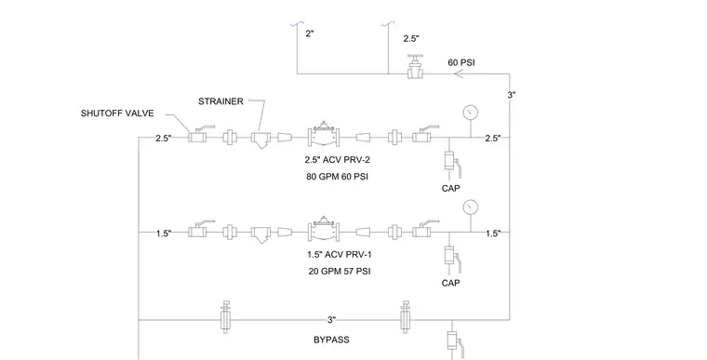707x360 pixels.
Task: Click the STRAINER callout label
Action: [220, 101]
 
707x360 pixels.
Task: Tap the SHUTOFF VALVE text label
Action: [117, 113]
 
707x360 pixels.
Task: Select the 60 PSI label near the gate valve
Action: [460, 62]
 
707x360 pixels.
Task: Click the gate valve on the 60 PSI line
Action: [414, 68]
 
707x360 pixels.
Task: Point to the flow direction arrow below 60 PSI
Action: [459, 73]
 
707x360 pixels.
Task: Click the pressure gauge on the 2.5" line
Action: [471, 113]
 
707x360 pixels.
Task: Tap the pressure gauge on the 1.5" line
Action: [471, 207]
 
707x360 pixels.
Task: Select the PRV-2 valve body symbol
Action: [324, 134]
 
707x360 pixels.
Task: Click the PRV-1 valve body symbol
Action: [324, 229]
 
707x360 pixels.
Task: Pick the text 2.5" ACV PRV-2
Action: [338, 160]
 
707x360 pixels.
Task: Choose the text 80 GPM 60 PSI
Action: [338, 177]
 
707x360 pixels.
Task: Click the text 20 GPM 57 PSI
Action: [340, 272]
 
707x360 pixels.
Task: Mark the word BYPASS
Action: [331, 340]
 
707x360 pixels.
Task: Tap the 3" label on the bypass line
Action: [332, 320]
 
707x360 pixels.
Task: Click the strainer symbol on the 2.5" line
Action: [261, 140]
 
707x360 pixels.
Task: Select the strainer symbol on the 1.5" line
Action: [261, 234]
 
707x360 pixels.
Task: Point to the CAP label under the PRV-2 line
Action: [451, 188]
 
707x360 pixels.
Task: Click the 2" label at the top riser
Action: [310, 33]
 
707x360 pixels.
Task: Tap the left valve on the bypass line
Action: [225, 316]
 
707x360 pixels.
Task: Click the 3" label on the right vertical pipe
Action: [512, 95]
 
